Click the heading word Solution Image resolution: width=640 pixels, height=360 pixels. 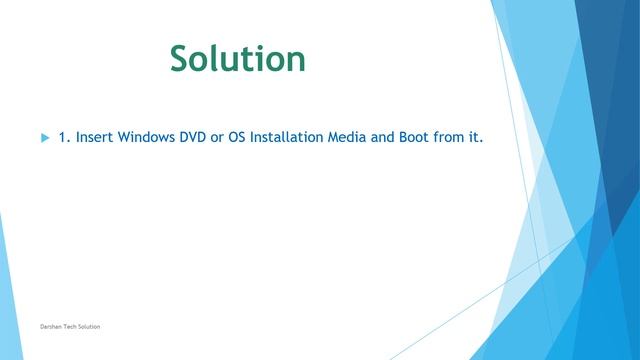coord(237,59)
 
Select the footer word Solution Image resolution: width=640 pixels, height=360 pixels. coord(89,327)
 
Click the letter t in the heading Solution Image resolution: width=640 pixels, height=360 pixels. coord(252,59)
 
